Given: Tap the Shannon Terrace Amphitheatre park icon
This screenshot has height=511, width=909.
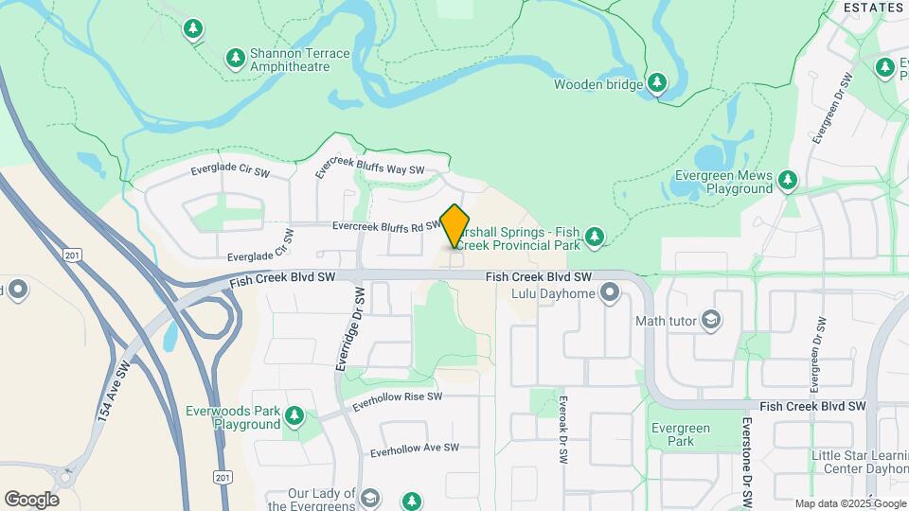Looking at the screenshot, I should tap(236, 59).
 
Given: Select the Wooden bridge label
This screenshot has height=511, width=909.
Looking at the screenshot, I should tap(598, 84).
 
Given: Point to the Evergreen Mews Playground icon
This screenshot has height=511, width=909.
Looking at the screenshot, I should tap(787, 180).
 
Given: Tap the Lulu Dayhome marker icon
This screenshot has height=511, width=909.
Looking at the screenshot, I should tap(609, 292).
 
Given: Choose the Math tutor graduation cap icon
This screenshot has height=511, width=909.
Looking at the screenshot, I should tap(709, 321).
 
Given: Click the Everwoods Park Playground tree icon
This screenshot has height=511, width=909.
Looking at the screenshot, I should tap(294, 414).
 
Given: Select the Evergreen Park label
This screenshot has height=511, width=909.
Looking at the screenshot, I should tap(680, 434).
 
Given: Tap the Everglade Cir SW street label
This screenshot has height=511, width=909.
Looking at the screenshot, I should tap(230, 170).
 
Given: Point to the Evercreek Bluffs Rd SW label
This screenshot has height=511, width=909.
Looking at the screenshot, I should tap(386, 226).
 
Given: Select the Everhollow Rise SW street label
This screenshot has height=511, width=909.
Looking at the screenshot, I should tap(397, 401).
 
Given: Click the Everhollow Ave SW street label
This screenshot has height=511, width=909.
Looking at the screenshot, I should tap(415, 449).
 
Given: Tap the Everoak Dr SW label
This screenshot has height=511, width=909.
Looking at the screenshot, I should tap(562, 428).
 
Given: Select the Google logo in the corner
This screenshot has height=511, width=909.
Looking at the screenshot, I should tap(31, 500).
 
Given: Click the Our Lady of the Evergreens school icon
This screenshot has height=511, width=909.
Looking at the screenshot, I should tap(370, 498).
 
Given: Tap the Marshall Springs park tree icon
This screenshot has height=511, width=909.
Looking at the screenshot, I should tap(594, 236).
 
